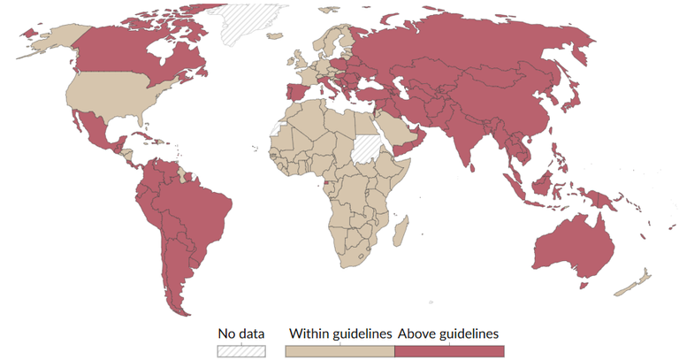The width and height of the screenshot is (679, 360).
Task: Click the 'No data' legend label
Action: point(241,333)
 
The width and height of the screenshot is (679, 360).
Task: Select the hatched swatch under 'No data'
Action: point(241,351)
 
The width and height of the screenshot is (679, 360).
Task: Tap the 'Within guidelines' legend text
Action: point(340,333)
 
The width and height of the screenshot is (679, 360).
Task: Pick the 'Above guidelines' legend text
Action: point(448,333)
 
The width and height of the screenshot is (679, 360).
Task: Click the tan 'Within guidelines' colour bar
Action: point(339,351)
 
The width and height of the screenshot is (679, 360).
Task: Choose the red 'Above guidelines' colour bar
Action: point(449,351)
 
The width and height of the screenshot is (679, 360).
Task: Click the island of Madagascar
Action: point(401,234)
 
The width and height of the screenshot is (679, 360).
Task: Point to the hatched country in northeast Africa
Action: point(365,148)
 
